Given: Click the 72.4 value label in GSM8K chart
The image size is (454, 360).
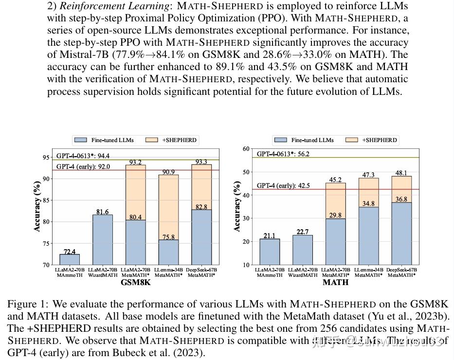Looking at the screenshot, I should pos(70,252).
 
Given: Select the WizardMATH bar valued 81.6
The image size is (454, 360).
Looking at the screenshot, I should pos(103,241).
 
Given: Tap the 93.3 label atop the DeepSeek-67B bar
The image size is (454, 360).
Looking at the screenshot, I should pos(201,162).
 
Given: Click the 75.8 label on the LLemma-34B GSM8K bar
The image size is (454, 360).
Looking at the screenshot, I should pos(168,237).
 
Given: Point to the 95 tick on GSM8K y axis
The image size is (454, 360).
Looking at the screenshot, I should pos(46,157).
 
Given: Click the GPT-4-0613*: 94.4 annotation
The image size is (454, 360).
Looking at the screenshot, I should pos(83,156).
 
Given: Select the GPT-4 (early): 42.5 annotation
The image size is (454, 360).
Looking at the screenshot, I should pos(283,185).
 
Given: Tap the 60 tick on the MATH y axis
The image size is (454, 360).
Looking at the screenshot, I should pos(246,149).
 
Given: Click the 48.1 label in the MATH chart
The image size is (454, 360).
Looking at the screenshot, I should pos(401,173).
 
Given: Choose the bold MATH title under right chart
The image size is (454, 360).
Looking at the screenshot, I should pos(336,282).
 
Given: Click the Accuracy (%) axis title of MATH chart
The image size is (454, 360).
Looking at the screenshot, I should pos(237,206).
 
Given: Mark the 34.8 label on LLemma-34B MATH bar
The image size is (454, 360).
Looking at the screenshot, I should pos(368,203).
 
